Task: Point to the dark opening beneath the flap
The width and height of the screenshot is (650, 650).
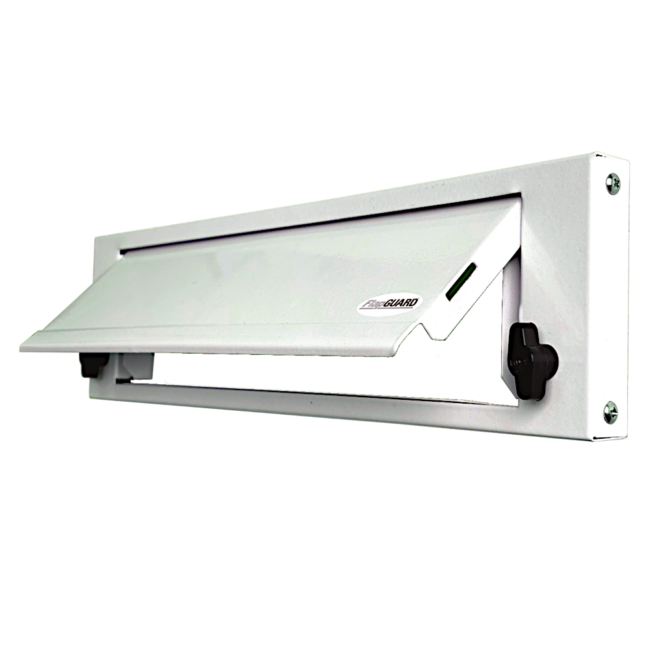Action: pyautogui.click(x=325, y=370)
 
